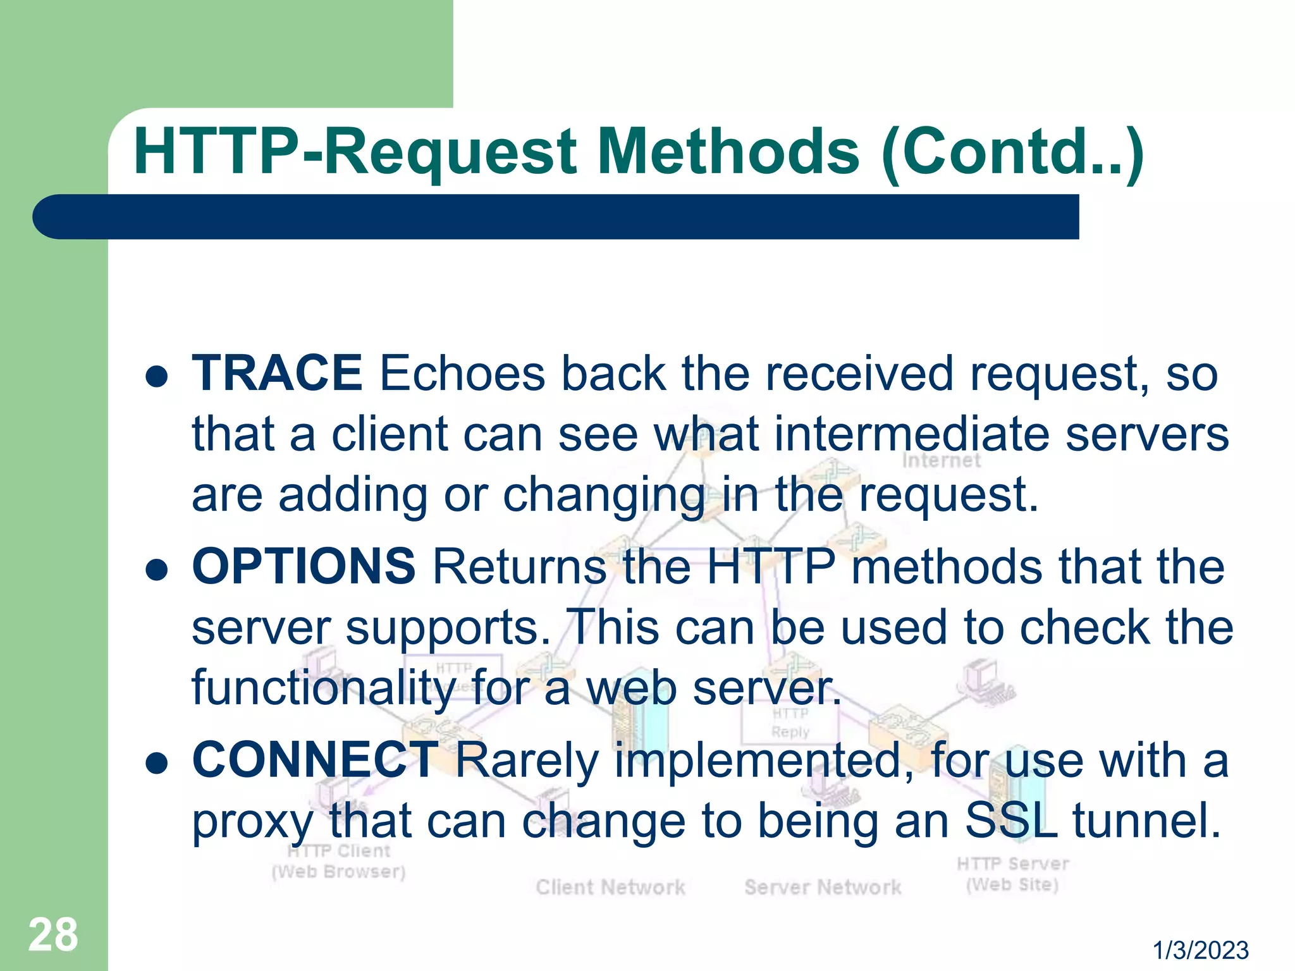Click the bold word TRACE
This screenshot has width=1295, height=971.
click(277, 374)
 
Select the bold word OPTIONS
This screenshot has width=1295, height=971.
click(304, 566)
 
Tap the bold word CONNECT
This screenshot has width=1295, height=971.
click(315, 760)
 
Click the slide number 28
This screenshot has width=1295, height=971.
click(53, 935)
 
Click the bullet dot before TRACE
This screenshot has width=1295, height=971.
click(156, 377)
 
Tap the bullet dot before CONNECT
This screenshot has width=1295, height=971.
click(156, 764)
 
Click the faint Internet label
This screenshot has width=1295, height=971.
click(941, 461)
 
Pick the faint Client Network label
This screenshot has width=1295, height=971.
click(610, 888)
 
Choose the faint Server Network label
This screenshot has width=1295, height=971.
click(823, 888)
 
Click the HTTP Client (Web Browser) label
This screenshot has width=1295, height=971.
click(339, 862)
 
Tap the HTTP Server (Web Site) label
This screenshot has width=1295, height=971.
click(1012, 874)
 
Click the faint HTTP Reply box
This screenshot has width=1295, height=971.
click(790, 723)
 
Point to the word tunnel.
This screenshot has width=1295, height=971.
click(1146, 821)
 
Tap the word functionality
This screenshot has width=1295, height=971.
click(322, 689)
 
